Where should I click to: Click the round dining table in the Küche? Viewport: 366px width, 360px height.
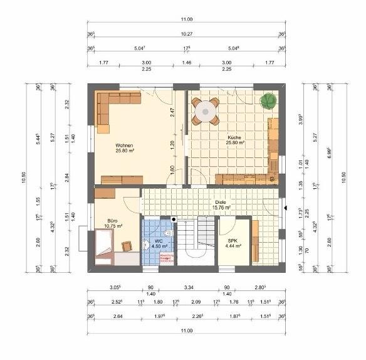(x=205, y=112)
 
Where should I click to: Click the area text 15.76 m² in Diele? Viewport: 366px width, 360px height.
(x=221, y=207)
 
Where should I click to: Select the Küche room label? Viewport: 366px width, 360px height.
(x=235, y=137)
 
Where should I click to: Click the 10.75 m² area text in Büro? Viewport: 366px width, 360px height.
(x=113, y=226)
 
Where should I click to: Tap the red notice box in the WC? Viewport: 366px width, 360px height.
(x=166, y=258)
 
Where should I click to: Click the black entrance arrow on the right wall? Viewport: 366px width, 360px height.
(x=285, y=208)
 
